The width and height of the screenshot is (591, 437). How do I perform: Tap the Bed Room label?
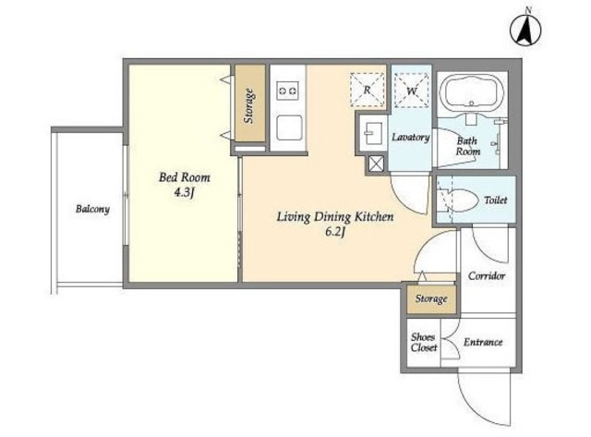point(185,177)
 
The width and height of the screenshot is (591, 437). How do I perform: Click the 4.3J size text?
point(184,193)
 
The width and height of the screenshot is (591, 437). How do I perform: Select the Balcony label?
point(92,210)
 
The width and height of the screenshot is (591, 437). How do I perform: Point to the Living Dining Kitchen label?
point(335,217)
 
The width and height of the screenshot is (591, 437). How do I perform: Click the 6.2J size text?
point(335,232)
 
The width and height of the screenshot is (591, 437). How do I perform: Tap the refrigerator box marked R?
point(368,91)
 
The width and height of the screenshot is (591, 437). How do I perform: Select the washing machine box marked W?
point(411,91)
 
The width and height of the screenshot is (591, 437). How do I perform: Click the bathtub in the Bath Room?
point(472,95)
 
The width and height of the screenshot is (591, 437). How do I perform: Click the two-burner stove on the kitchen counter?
point(287,91)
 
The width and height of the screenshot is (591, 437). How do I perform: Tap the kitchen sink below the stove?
point(289,127)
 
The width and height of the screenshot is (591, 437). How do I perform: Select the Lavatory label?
point(410,137)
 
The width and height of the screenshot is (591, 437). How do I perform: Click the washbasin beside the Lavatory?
point(371,133)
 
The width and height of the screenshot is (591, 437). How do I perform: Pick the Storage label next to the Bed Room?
point(248,106)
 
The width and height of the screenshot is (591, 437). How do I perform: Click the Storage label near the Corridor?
point(431,299)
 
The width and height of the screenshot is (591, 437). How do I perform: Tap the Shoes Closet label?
point(424,343)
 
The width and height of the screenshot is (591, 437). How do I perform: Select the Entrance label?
point(483,343)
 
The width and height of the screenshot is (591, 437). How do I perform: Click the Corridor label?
point(487,276)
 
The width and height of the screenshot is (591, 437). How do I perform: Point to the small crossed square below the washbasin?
point(377,164)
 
